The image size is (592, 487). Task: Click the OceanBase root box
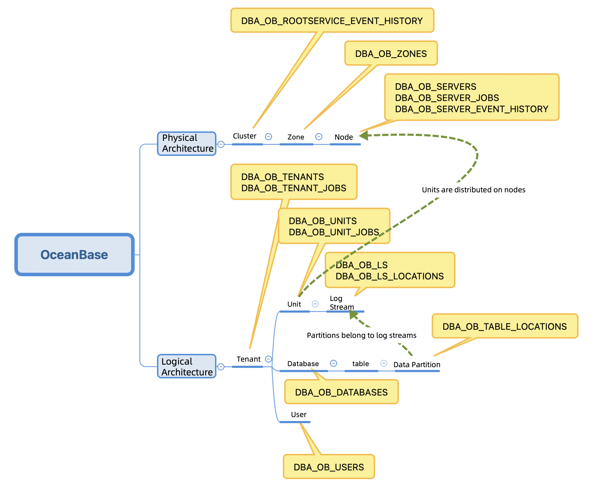[x=74, y=254]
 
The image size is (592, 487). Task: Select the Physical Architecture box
[x=187, y=143]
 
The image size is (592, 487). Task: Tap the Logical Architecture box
[x=187, y=366]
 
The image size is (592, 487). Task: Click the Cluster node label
[x=244, y=136]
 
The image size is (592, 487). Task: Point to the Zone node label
[x=296, y=137]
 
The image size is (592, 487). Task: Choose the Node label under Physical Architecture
[x=344, y=137]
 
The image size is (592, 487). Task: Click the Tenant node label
[x=248, y=359]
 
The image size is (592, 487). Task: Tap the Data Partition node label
[x=417, y=364]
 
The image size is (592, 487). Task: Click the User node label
[x=299, y=414]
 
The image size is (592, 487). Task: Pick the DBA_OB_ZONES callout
[x=391, y=53]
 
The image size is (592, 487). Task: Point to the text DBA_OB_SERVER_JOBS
[x=447, y=98]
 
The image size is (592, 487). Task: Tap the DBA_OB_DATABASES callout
[x=341, y=392]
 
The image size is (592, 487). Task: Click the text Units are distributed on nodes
[x=473, y=190]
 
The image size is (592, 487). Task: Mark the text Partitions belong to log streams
[x=361, y=335]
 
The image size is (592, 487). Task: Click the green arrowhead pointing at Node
[x=364, y=136]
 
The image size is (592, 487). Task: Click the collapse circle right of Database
[x=333, y=363]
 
